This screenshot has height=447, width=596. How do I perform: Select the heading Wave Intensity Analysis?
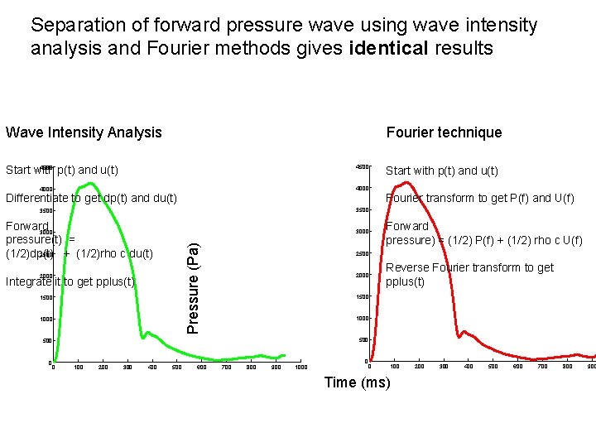(84, 132)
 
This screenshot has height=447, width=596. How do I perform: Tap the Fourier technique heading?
(444, 132)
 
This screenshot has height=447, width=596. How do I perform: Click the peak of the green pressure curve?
(90, 183)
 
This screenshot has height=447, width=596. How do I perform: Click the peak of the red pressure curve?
(405, 182)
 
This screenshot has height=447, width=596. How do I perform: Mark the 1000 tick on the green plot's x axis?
(300, 367)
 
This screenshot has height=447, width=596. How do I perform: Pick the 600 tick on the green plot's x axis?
(201, 367)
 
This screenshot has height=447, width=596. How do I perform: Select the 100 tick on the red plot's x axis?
(395, 366)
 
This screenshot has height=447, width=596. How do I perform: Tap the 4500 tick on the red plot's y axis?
(362, 167)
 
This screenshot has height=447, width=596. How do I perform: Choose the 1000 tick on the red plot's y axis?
(362, 319)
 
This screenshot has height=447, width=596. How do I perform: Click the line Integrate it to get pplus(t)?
(70, 282)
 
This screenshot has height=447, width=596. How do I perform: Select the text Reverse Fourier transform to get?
(469, 267)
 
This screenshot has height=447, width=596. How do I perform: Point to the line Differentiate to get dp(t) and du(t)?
(91, 198)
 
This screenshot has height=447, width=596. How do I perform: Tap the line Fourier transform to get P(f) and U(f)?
(479, 198)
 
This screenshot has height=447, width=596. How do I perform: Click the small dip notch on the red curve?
(459, 337)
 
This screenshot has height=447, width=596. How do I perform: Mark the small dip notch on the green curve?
(143, 338)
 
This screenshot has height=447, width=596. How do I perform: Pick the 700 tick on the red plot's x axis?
(542, 366)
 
